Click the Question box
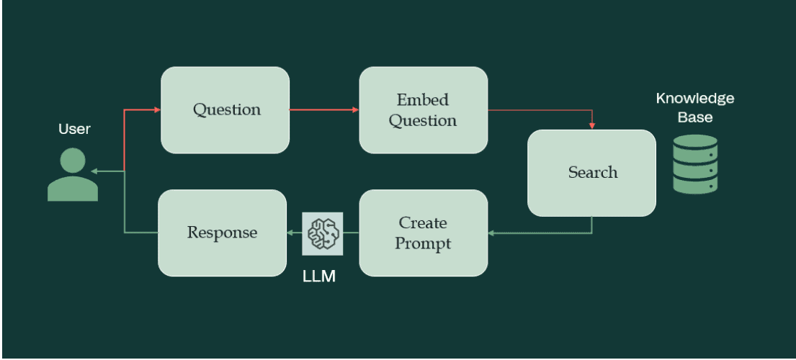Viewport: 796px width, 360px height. [x=225, y=110]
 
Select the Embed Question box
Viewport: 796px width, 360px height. [x=423, y=110]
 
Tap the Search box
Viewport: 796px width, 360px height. [x=592, y=173]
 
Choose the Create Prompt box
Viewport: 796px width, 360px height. [x=423, y=233]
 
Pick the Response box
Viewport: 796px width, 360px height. [x=222, y=233]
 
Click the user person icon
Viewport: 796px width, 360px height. [x=73, y=174]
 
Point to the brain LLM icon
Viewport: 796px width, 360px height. [x=323, y=233]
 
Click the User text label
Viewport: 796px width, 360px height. [x=75, y=130]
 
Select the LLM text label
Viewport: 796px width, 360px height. [x=319, y=276]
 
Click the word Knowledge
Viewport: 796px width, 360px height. [x=695, y=99]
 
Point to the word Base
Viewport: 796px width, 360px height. [x=695, y=117]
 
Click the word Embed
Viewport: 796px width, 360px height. [x=423, y=99]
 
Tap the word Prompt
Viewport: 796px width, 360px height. [x=423, y=243]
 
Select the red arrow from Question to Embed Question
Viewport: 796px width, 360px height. [x=323, y=110]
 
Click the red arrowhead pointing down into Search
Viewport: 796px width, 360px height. [x=592, y=125]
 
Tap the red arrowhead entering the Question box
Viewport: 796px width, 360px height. [x=156, y=110]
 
